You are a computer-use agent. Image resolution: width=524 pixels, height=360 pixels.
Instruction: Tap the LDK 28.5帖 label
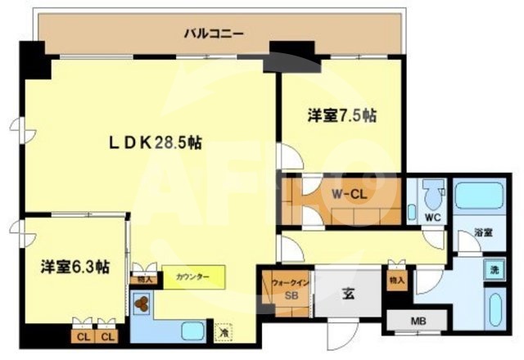156,142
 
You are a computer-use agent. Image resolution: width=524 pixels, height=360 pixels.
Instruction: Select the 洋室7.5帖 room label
342,116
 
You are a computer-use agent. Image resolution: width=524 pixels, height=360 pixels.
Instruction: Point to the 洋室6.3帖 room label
76,267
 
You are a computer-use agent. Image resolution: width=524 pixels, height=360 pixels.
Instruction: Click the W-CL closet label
348,195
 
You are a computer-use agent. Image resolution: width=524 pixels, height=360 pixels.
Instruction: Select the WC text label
433,218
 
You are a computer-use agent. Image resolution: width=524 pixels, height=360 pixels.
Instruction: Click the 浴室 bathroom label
483,233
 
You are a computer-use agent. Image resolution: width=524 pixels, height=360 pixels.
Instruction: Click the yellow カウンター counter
192,277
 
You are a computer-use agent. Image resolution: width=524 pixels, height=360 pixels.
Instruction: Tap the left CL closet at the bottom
83,335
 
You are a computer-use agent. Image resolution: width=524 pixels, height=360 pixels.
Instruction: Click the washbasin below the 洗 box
495,308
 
